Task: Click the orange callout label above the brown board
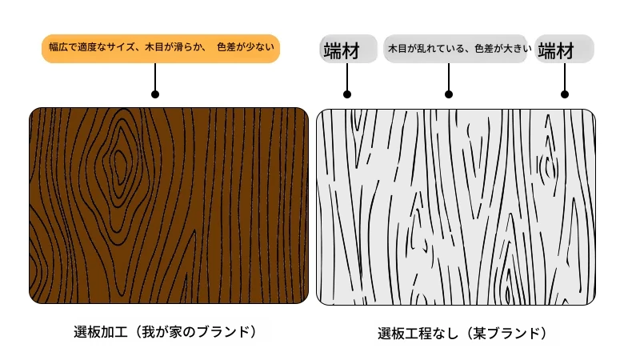[161, 48]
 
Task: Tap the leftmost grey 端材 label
[348, 49]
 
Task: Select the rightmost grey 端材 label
[564, 49]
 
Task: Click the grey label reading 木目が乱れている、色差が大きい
[455, 49]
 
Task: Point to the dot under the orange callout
[155, 94]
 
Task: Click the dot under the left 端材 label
[347, 94]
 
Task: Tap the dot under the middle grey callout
[449, 94]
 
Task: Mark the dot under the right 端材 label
[565, 94]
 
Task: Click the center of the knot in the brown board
[119, 165]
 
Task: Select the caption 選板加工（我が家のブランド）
[165, 332]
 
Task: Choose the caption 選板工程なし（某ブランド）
[462, 334]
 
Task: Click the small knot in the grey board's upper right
[548, 166]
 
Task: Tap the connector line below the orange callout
[155, 77]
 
